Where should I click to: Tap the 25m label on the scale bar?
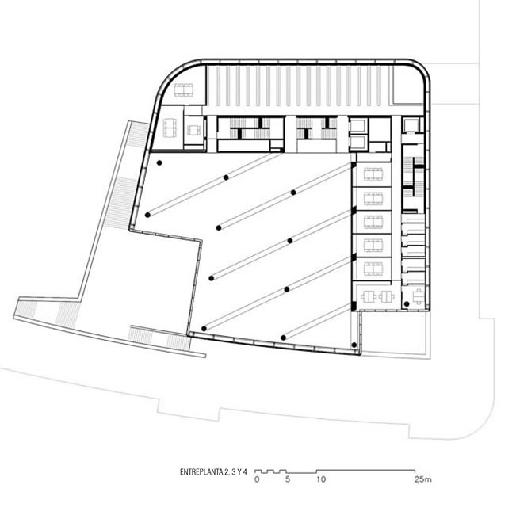(423, 479)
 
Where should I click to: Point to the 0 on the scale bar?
(257, 479)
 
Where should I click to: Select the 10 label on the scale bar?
(321, 479)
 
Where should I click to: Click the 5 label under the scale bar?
(288, 479)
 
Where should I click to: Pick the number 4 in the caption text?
(244, 472)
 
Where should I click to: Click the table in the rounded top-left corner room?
(184, 90)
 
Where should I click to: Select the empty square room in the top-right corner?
(407, 85)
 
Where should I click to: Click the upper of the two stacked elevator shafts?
(357, 126)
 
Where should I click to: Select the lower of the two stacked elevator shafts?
(357, 143)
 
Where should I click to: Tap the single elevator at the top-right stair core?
(411, 125)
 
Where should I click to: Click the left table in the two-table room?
(369, 296)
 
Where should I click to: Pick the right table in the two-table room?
(386, 296)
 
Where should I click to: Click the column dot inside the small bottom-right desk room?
(407, 304)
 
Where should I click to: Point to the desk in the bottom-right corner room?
(418, 296)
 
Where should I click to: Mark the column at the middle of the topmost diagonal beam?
(226, 177)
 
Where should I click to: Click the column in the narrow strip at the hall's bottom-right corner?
(354, 345)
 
